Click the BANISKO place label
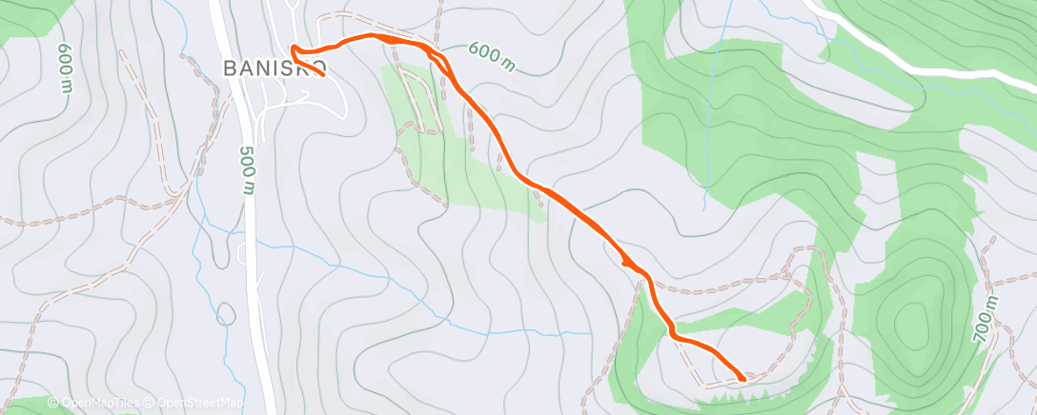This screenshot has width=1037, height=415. (275, 68)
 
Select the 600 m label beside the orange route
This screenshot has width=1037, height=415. (492, 57)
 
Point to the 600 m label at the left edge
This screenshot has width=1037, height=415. (65, 68)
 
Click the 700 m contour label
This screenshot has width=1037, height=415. (985, 319)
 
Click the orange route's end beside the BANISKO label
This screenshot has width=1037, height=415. (325, 75)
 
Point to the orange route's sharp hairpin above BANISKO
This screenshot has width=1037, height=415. (293, 49)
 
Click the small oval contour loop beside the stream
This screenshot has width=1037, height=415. (227, 312)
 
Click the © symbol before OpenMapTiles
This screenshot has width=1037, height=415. (53, 404)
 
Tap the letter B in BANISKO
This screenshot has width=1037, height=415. (230, 68)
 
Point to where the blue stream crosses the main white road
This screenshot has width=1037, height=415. (253, 238)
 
